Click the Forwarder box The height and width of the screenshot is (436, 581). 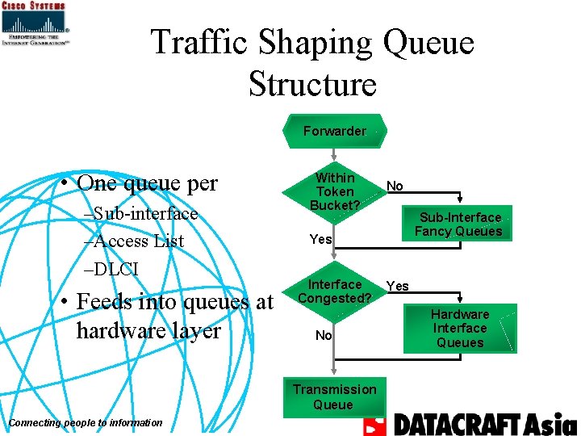[x=334, y=131]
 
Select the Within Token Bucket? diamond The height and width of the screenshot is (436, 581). [x=334, y=192]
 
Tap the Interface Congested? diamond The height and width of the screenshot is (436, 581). [x=334, y=291]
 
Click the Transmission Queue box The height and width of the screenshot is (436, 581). [x=334, y=396]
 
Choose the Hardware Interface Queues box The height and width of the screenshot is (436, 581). [x=459, y=328]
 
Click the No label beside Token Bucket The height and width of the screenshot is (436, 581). [x=395, y=186]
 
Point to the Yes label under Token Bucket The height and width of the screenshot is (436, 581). [x=320, y=239]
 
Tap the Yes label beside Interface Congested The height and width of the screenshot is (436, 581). [x=397, y=286]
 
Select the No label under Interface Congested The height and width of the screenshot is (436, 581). [x=324, y=335]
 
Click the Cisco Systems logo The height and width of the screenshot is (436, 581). [x=34, y=23]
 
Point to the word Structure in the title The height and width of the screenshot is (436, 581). [x=312, y=83]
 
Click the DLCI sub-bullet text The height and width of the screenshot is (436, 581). [x=118, y=267]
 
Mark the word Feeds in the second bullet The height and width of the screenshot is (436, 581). [x=110, y=302]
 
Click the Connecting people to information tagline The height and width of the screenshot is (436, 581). [x=85, y=422]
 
